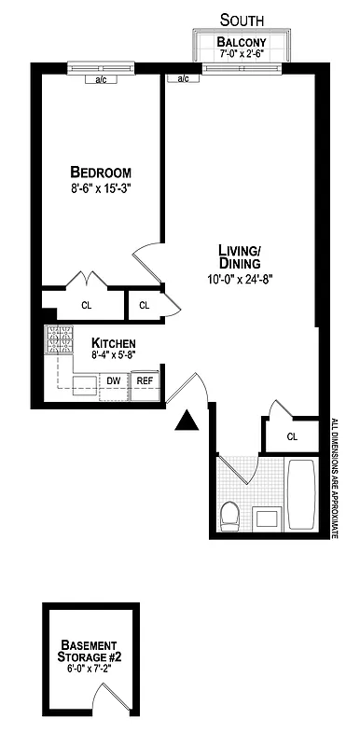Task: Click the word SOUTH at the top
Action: point(242,19)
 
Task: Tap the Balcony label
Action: point(242,42)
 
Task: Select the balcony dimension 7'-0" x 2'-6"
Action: point(242,54)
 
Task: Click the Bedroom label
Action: point(101,173)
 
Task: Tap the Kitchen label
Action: point(114,342)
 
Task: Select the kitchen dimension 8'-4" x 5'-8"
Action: point(114,354)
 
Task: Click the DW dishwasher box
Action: point(114,380)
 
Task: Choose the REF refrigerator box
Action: point(145,380)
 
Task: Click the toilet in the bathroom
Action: point(229,515)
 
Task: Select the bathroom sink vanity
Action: point(266,518)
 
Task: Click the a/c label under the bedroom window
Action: point(101,79)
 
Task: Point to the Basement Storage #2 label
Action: point(90,651)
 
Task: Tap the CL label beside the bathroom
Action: point(292,435)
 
